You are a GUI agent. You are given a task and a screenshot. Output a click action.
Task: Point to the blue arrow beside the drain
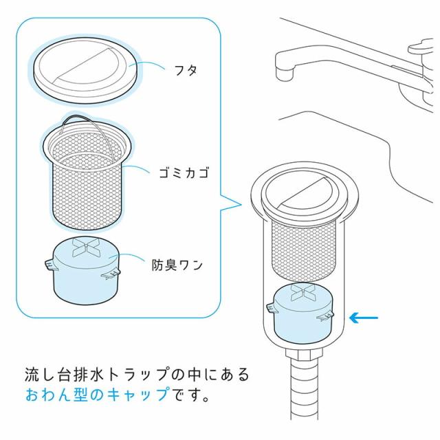click(x=364, y=317)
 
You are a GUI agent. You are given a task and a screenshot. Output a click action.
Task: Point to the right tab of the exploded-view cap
click(x=113, y=275)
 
